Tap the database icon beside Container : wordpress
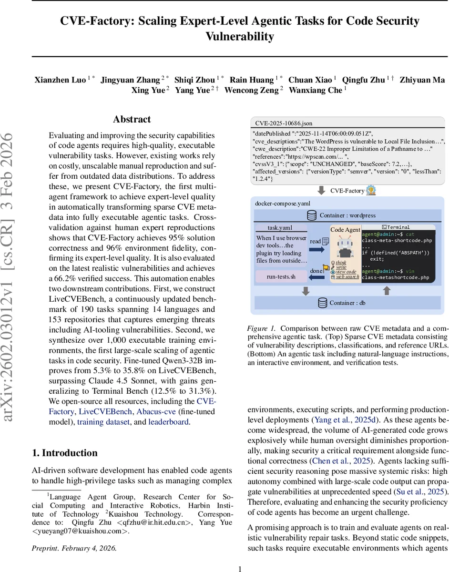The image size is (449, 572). point(312,215)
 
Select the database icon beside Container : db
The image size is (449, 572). point(322,303)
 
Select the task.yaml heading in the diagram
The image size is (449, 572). point(280,228)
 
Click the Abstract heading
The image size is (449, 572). point(132,120)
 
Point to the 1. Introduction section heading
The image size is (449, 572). point(64,453)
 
